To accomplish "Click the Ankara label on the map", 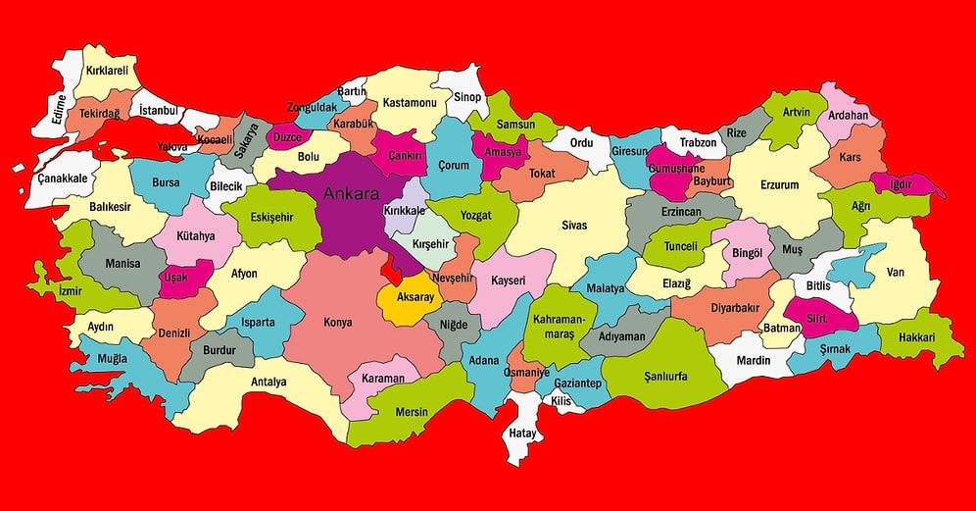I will tap(351, 193).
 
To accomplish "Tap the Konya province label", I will tap(338, 322).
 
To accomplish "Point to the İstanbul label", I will tap(158, 111).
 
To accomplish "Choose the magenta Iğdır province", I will tap(900, 184).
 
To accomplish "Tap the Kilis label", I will tap(560, 401).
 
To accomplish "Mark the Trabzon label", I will tap(698, 143).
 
